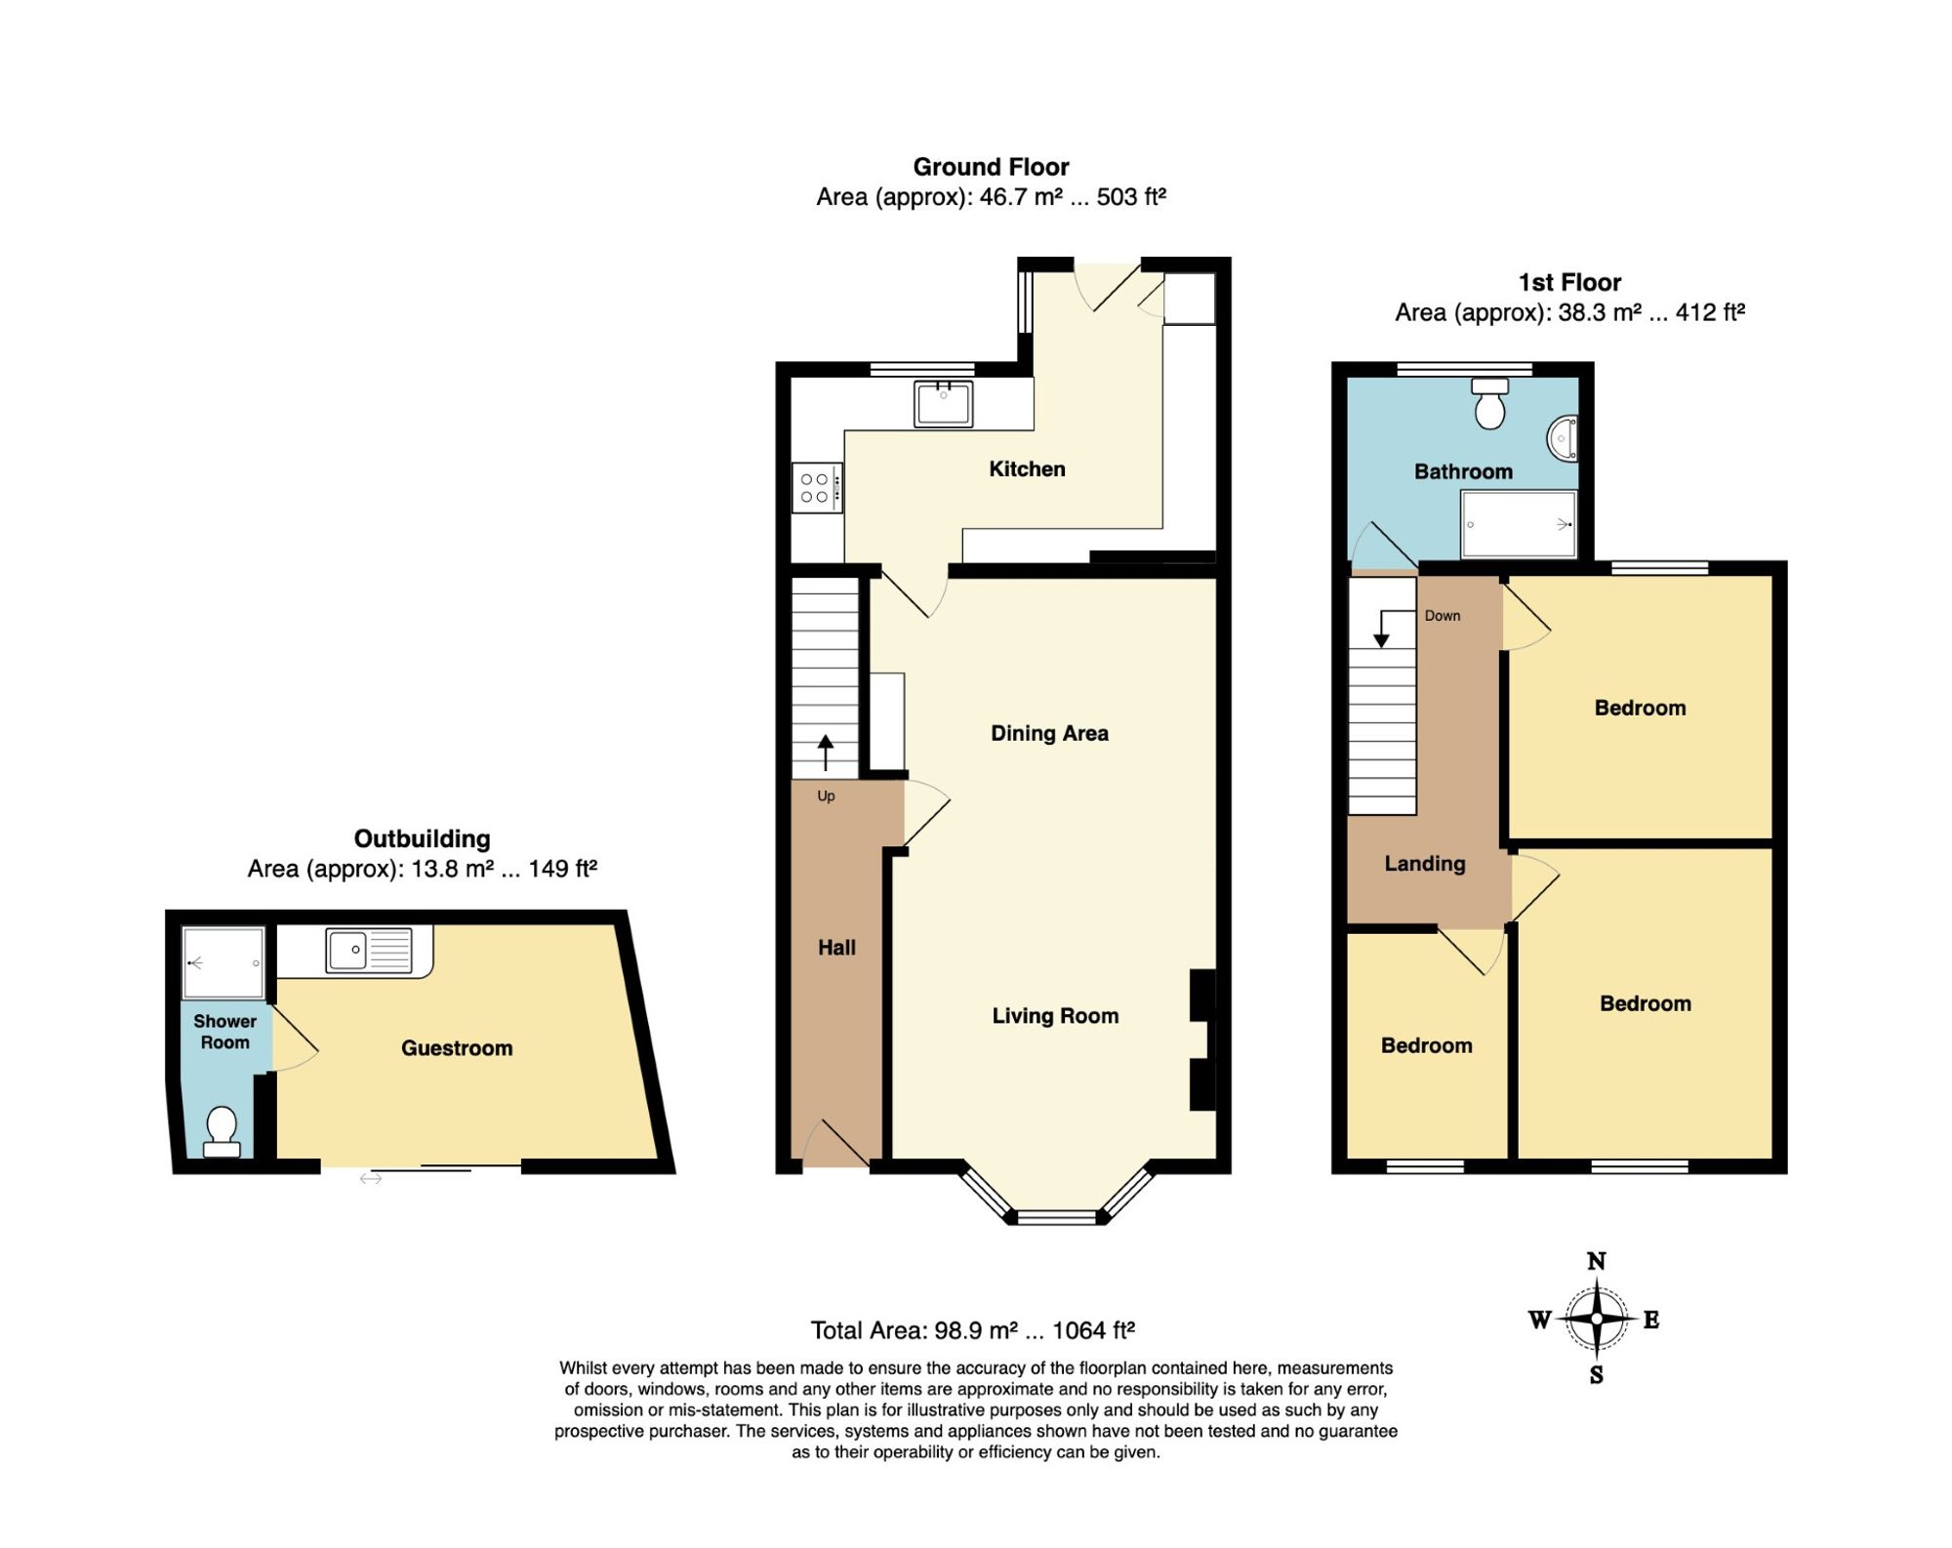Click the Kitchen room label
pos(1027,469)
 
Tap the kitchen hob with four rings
pos(817,487)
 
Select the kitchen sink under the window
pos(943,404)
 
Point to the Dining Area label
pos(1049,733)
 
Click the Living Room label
pos(1055,1016)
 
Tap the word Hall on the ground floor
pos(836,948)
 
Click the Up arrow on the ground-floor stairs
pos(826,753)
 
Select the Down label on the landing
pos(1443,616)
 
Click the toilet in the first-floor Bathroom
pos(1489,404)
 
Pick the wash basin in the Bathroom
pos(1563,438)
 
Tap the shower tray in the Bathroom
pos(1519,524)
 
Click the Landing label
pos(1425,864)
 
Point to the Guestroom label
pos(457,1048)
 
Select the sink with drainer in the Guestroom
pos(369,950)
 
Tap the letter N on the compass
pos(1597,1261)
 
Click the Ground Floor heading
pos(991,167)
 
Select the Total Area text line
pos(972,1330)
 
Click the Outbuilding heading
pos(422,839)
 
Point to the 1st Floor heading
pos(1569,283)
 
